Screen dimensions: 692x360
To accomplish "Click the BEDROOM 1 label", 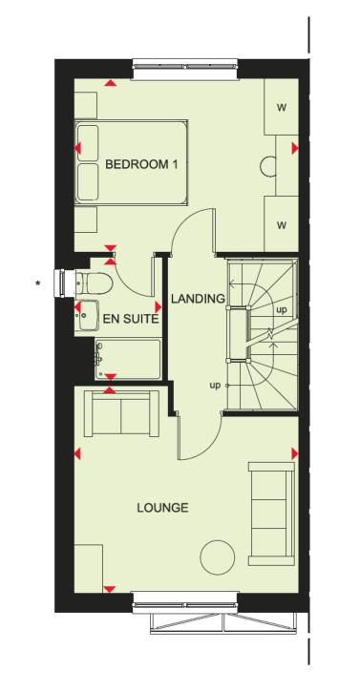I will (141, 164).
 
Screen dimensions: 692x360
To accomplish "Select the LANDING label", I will (197, 299).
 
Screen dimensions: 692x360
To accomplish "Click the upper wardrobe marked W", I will (281, 107).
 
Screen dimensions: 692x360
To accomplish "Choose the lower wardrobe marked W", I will (281, 225).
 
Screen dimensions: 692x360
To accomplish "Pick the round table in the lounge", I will (219, 556).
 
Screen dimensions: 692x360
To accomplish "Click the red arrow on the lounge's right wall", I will (294, 453).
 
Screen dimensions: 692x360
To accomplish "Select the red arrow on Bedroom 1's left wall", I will (77, 149).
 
